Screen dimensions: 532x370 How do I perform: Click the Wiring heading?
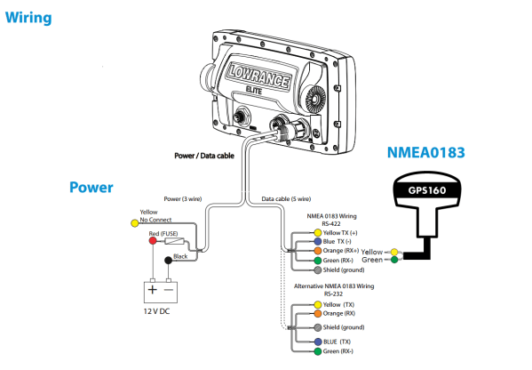click(28, 18)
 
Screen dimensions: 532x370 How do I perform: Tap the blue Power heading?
click(91, 187)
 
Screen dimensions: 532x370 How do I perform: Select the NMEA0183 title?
click(425, 153)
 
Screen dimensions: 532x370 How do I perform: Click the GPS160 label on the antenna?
click(427, 190)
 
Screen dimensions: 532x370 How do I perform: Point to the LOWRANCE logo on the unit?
click(259, 76)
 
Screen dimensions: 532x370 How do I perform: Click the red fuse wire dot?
click(153, 240)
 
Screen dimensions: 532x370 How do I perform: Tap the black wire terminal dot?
click(168, 261)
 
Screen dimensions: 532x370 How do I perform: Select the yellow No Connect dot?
click(135, 223)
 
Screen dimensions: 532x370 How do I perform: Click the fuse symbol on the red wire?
click(174, 241)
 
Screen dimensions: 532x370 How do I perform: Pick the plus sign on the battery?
click(153, 290)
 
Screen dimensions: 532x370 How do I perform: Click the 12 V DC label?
click(156, 311)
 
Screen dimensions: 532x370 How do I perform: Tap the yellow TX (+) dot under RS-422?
click(318, 233)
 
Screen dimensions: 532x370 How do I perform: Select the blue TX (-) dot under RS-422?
click(318, 242)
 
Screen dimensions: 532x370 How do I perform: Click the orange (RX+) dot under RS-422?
click(318, 251)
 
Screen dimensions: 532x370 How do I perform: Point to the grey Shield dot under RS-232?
click(318, 327)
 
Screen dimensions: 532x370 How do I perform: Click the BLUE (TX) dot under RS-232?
click(318, 342)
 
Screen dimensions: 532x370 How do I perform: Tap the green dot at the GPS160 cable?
click(394, 260)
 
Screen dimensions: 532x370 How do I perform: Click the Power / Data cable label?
click(204, 156)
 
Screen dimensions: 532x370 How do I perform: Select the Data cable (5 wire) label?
click(286, 198)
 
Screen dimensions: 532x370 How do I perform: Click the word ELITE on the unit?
click(254, 91)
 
